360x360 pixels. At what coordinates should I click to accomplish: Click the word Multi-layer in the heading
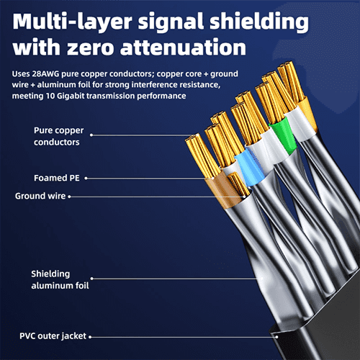pyautogui.click(x=72, y=22)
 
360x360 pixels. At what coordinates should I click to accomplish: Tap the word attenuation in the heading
pyautogui.click(x=183, y=47)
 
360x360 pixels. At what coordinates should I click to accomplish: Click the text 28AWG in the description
pyautogui.click(x=45, y=73)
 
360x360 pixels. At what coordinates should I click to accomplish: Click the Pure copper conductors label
pyautogui.click(x=58, y=136)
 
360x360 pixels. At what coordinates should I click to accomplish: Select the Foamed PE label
pyautogui.click(x=57, y=178)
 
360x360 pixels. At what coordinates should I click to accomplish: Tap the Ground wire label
pyautogui.click(x=40, y=196)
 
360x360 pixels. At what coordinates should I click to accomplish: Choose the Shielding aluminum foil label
pyautogui.click(x=60, y=279)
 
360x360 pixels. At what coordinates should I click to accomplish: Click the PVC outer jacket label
pyautogui.click(x=53, y=336)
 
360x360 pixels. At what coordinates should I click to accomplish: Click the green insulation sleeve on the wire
pyautogui.click(x=283, y=135)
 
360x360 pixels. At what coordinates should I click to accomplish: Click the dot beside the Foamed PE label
pyautogui.click(x=86, y=178)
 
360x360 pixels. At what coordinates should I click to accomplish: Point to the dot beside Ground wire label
pyautogui.click(x=69, y=197)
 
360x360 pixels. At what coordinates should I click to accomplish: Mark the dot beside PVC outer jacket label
pyautogui.click(x=90, y=337)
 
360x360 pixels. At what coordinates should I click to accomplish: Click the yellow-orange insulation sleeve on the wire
pyautogui.click(x=307, y=113)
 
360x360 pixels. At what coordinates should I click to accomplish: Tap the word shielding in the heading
pyautogui.click(x=259, y=22)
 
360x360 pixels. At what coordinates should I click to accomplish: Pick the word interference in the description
pyautogui.click(x=153, y=85)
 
